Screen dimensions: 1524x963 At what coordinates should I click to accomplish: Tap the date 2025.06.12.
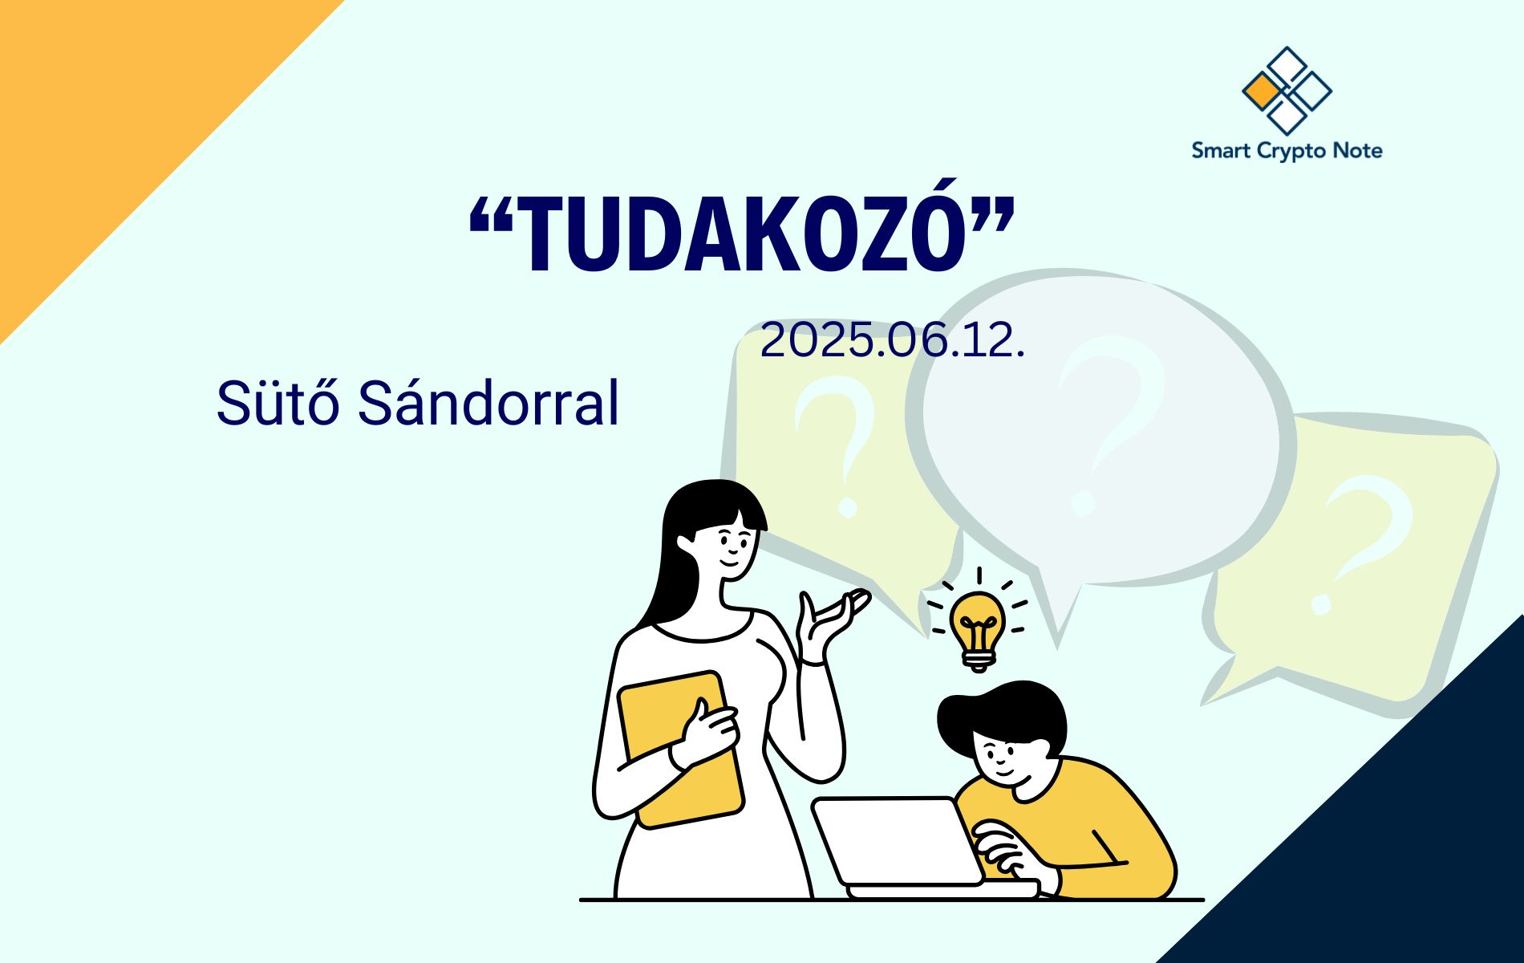893,340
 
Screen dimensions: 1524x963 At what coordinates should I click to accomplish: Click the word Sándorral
488,403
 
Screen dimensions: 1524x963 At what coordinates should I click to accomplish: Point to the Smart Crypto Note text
1287,151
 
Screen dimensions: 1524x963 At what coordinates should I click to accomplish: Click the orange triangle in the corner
112,112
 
